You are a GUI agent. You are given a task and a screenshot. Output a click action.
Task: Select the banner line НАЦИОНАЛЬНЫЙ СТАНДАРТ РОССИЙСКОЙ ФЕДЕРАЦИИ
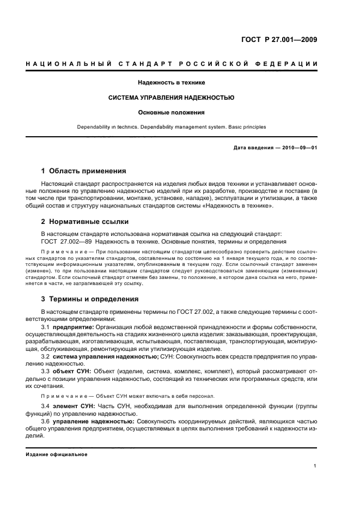172,64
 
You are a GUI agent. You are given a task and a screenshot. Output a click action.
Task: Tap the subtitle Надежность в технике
172,82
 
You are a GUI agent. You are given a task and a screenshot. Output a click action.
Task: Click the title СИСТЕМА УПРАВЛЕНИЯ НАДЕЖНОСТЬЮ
172,98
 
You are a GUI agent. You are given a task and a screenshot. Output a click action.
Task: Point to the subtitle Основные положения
172,113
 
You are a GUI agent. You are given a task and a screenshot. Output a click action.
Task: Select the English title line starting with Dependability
172,127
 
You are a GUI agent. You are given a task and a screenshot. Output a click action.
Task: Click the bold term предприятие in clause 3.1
74,326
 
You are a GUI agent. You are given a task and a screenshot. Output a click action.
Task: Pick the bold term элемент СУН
74,406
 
